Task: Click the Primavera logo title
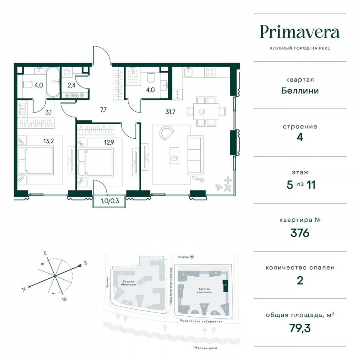300,32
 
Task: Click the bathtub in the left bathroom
53,82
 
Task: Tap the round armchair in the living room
166,134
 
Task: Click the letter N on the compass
25,289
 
